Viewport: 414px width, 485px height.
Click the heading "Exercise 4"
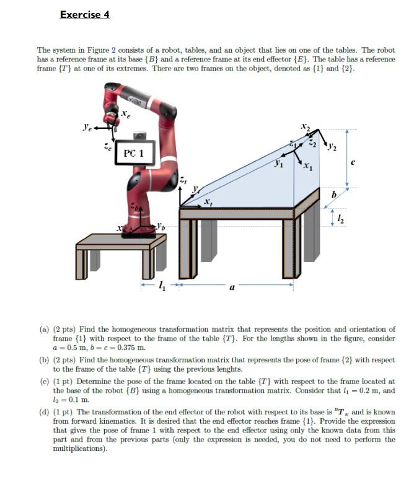(84, 14)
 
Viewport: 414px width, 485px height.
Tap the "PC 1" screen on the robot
(133, 153)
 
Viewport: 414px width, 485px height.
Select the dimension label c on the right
(353, 163)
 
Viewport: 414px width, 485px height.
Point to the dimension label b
(334, 195)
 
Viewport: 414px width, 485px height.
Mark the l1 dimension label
(162, 286)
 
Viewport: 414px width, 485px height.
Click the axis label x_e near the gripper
(125, 114)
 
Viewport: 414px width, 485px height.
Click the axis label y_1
(280, 165)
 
